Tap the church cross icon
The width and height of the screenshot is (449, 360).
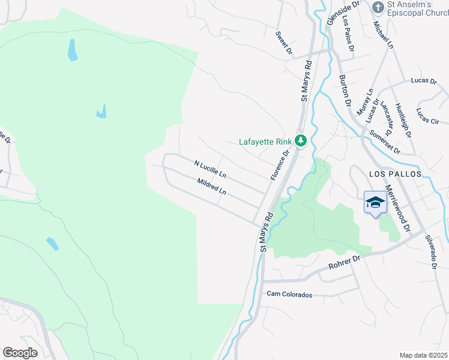(378, 7)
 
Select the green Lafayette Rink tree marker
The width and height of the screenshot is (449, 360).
(301, 142)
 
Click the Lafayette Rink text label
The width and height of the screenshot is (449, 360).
(265, 142)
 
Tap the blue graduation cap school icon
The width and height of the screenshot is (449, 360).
(375, 203)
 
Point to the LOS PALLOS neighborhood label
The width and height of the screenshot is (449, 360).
(394, 173)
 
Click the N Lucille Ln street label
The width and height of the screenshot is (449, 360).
(210, 169)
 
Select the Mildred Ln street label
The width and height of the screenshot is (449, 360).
(212, 186)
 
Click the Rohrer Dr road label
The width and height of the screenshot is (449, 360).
(343, 262)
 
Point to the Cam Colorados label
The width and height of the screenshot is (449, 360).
(290, 295)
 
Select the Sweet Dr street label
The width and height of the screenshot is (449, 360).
(284, 44)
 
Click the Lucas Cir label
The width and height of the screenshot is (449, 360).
(428, 116)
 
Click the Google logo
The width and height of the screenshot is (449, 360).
(20, 352)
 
